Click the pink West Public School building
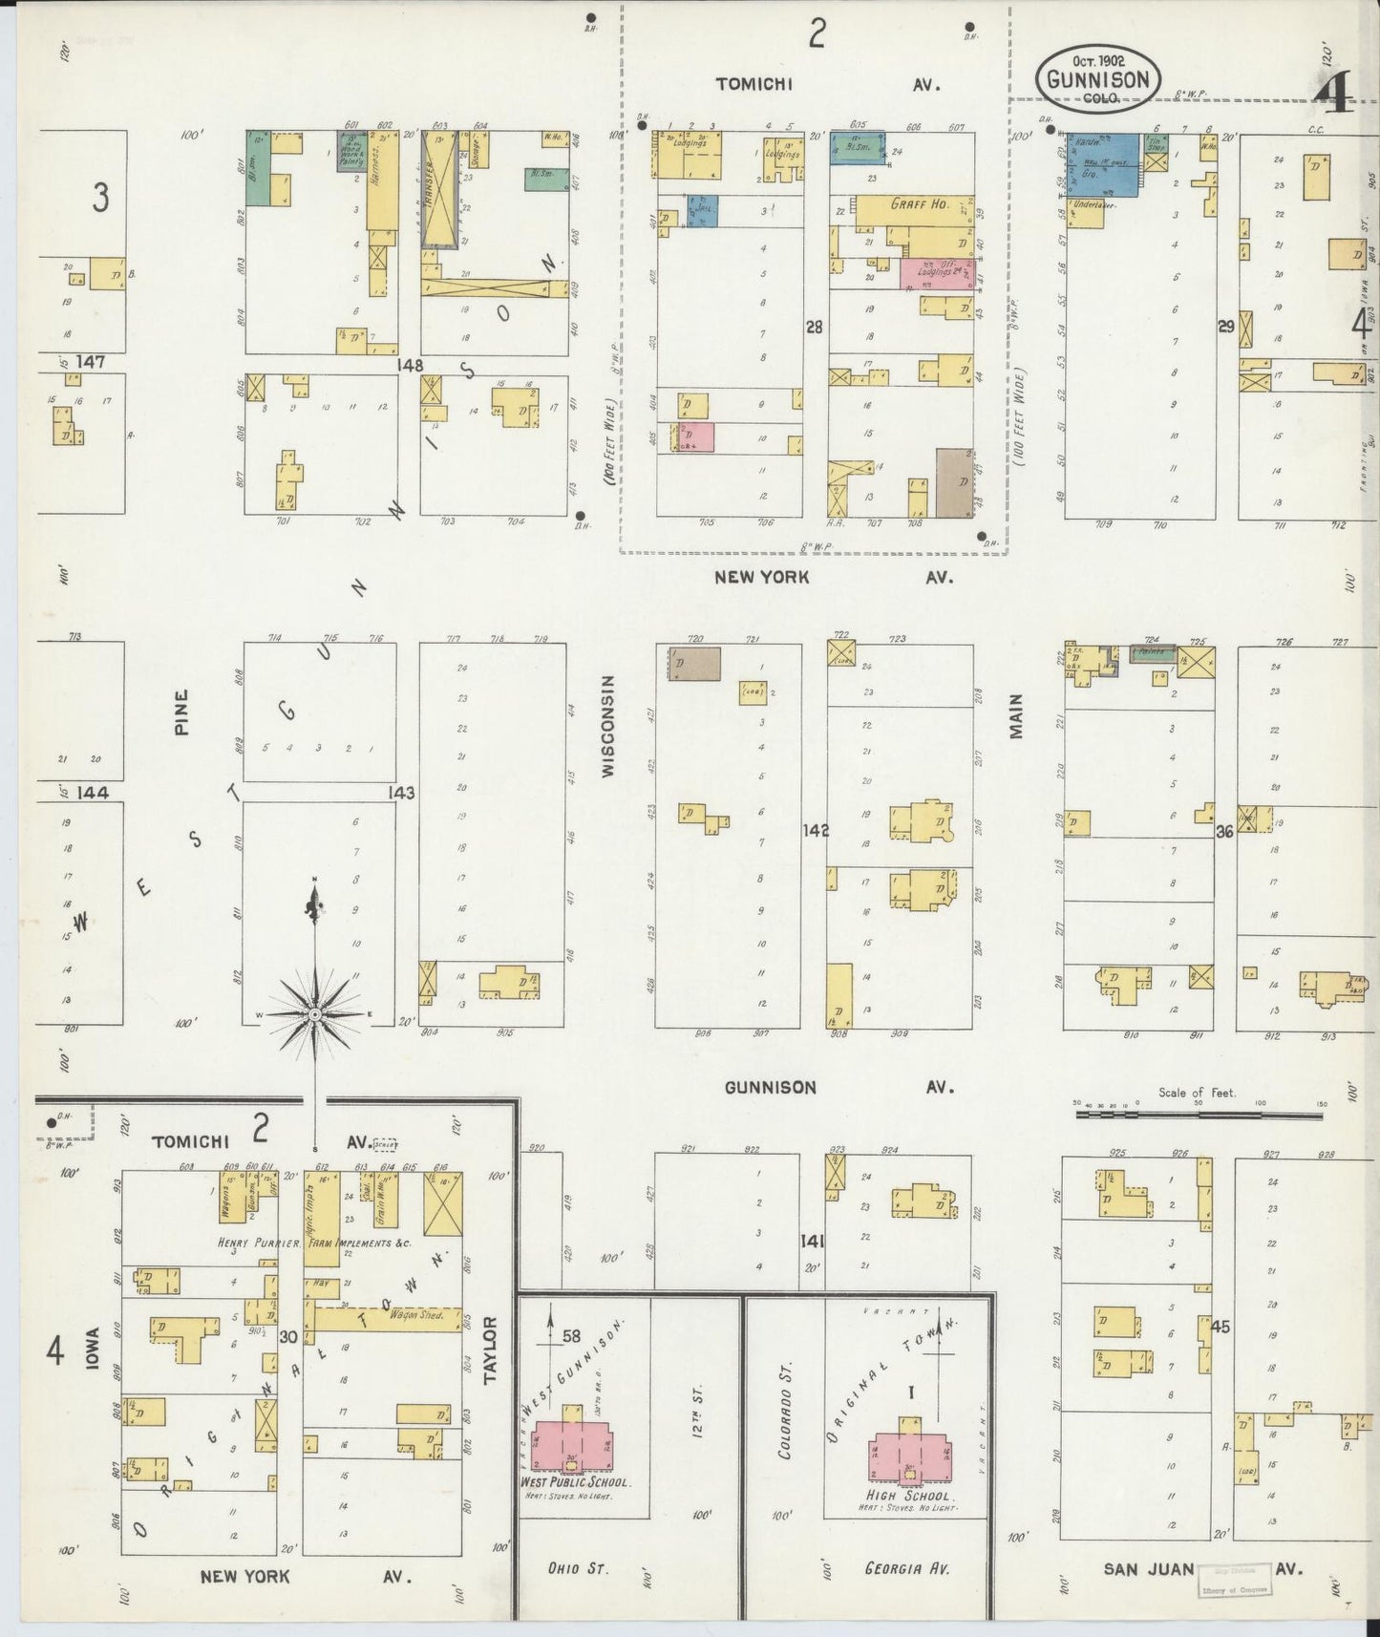point(572,1447)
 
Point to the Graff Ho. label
point(918,203)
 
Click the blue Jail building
point(702,211)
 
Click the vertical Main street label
point(1015,715)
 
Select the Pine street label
point(182,712)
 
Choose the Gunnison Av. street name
point(770,1087)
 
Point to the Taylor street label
point(491,1349)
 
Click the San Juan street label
point(1148,1568)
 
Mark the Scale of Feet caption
point(1197,1093)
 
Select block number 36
point(1224,832)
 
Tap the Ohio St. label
point(578,1567)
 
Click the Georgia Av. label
point(906,1567)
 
